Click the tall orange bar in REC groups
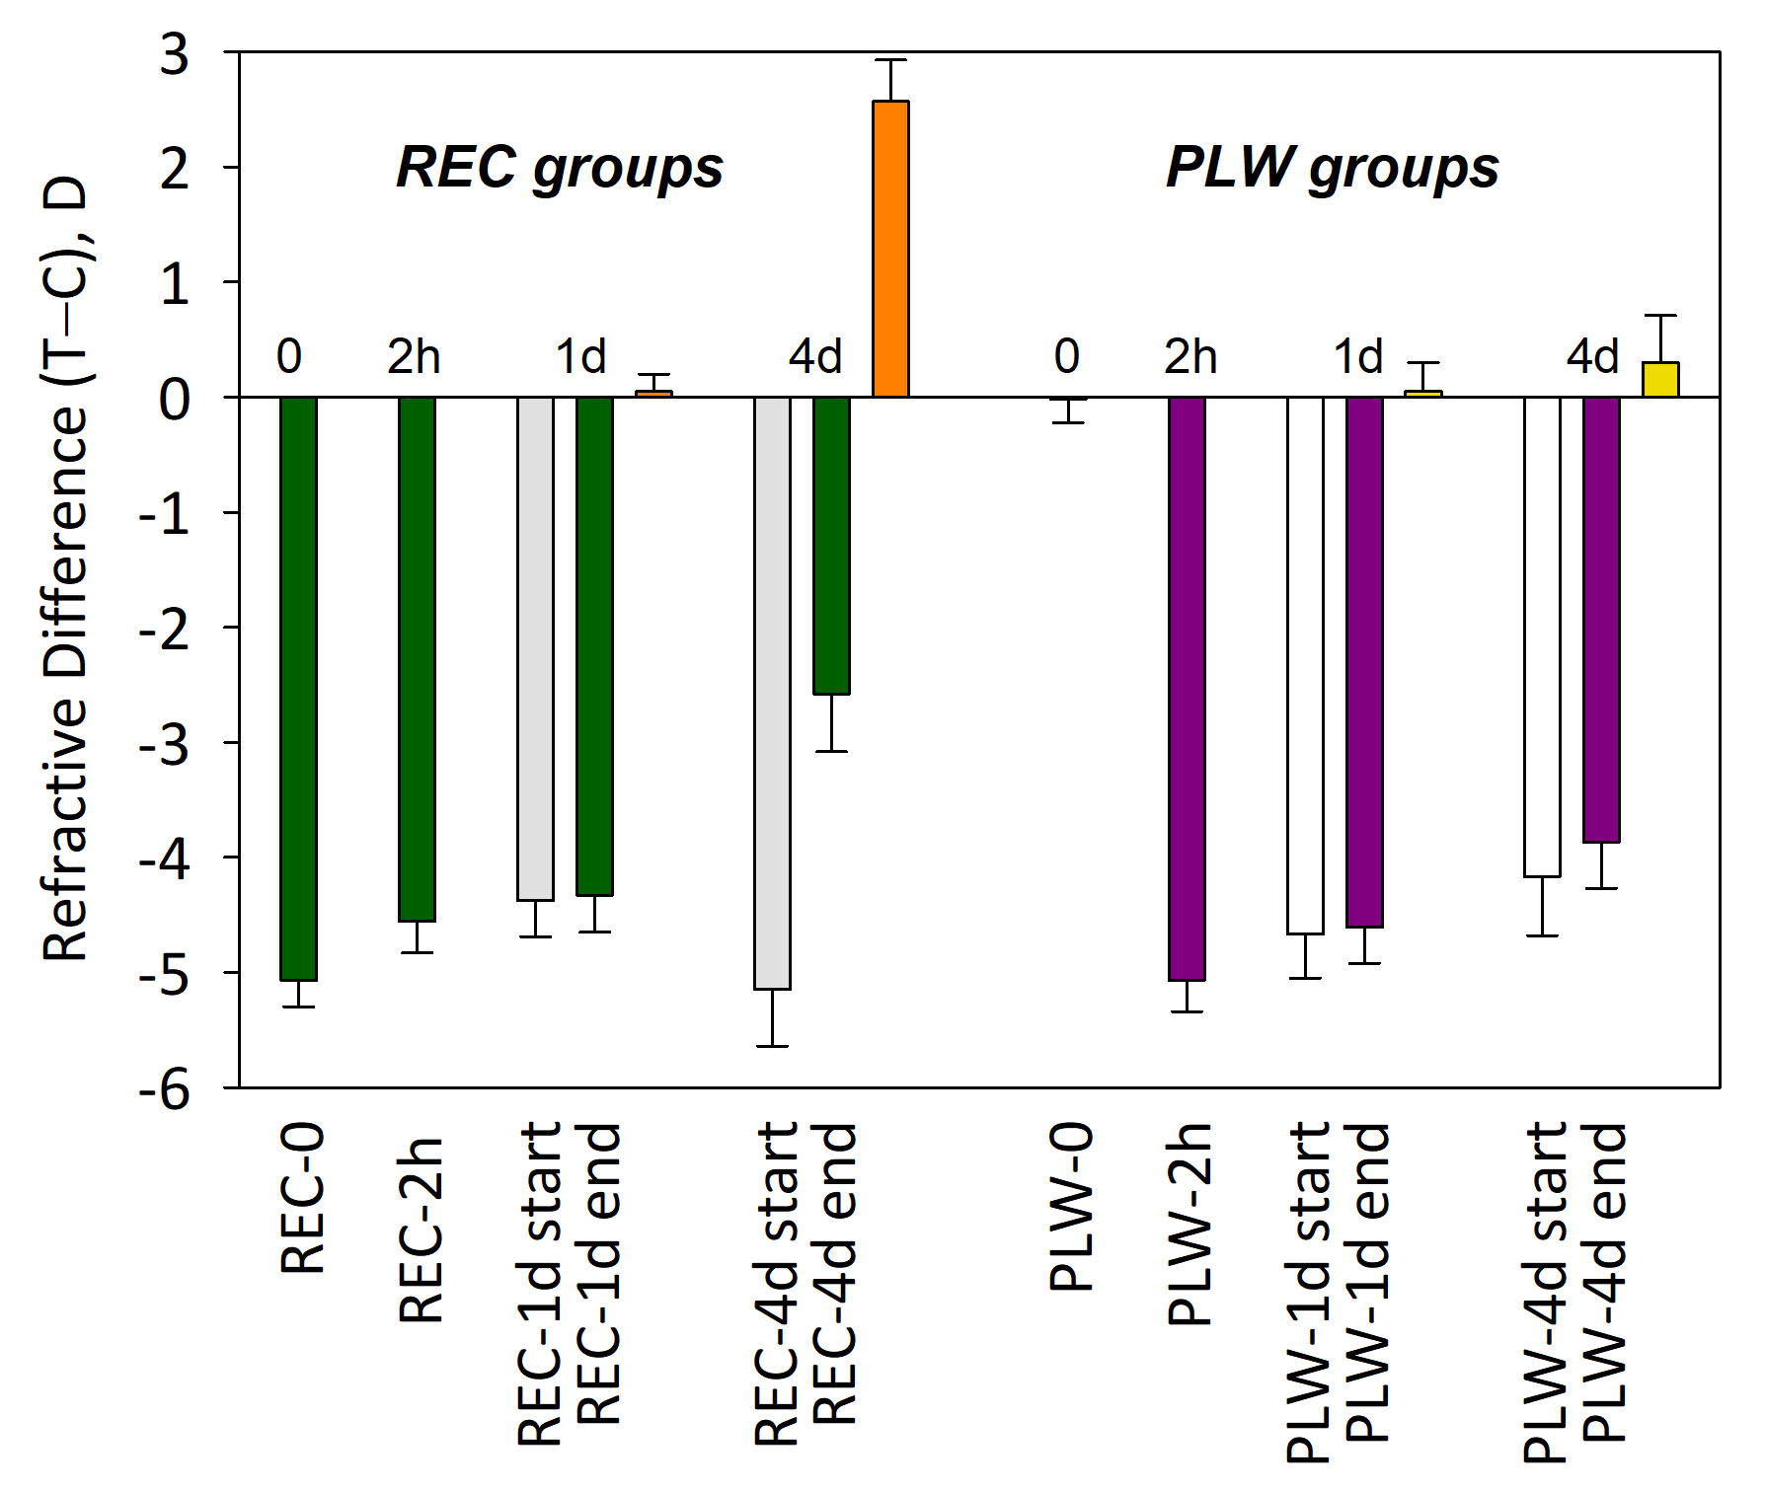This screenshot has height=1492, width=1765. pos(890,249)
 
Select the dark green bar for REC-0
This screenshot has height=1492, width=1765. pos(298,688)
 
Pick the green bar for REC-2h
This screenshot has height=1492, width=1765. pos(417,659)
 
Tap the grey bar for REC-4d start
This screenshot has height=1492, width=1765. pos(772,693)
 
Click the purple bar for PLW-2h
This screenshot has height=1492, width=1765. pos(1187,688)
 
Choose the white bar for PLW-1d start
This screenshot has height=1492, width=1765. pos(1305,665)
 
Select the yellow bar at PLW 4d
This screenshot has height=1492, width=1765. pos(1660,380)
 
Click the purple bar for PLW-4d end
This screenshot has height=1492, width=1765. pos(1601,620)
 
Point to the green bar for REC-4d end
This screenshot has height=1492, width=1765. pos(831,546)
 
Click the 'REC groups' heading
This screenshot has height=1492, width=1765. pos(559,167)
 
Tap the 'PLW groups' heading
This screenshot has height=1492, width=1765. pos(1332,167)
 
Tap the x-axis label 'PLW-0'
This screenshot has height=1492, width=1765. pos(1071,1207)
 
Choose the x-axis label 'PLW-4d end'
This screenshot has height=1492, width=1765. pos(1605,1282)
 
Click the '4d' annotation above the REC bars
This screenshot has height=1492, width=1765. pos(815,356)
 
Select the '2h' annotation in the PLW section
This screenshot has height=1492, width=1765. pos(1190,356)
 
